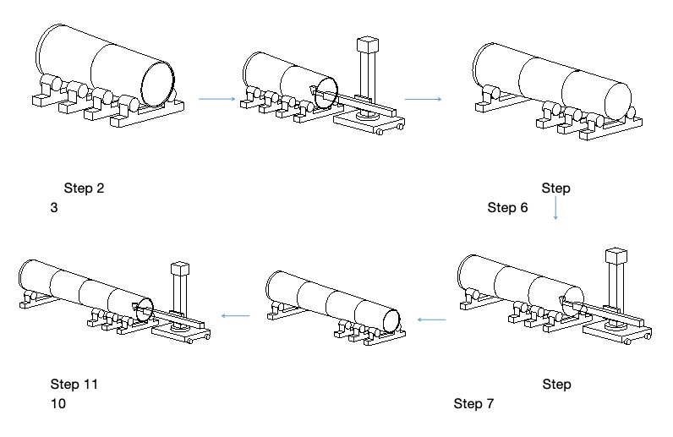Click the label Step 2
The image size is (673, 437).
pos(84,188)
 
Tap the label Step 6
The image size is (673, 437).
pos(507,207)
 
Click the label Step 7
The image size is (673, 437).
pos(473,403)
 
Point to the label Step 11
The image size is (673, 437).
pos(74,385)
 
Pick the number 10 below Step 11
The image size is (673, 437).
pos(57,403)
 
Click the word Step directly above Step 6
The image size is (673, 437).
pos(556,188)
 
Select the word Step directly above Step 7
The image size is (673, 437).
pos(556,385)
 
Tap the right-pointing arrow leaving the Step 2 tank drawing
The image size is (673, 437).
pos(216,99)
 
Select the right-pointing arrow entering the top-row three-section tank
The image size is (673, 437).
pos(423,99)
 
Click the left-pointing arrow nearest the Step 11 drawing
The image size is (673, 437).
pos(235,316)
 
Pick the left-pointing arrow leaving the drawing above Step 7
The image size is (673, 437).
pos(433,320)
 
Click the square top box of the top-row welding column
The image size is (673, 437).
pos(367,44)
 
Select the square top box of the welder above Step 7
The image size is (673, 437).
pos(616,257)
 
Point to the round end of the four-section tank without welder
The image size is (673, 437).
pos(391,318)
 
